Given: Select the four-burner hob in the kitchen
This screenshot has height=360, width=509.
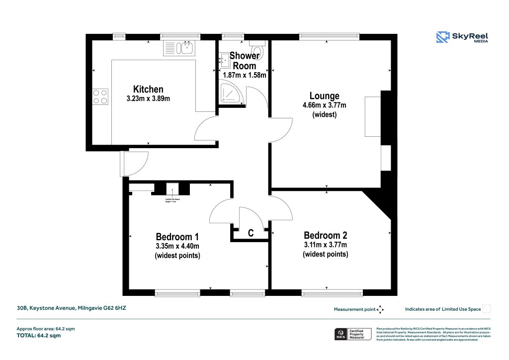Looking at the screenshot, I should pos(100,96).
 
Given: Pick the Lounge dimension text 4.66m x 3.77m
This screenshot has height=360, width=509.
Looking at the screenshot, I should pos(324,105).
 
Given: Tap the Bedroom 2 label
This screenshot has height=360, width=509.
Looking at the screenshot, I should pos(325,235).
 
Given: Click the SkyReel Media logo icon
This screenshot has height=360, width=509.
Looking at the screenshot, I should pos(442,37).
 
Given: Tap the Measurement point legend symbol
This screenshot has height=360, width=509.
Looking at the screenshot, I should pos(380,309).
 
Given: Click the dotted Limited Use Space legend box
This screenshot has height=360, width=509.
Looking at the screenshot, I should pos(487,309).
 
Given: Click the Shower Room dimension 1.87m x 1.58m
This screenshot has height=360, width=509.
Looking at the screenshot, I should pos(244,76).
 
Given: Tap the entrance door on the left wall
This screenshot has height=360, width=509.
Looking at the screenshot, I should pos(134,164).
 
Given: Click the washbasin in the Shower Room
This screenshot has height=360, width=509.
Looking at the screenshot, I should pos(223,61).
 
